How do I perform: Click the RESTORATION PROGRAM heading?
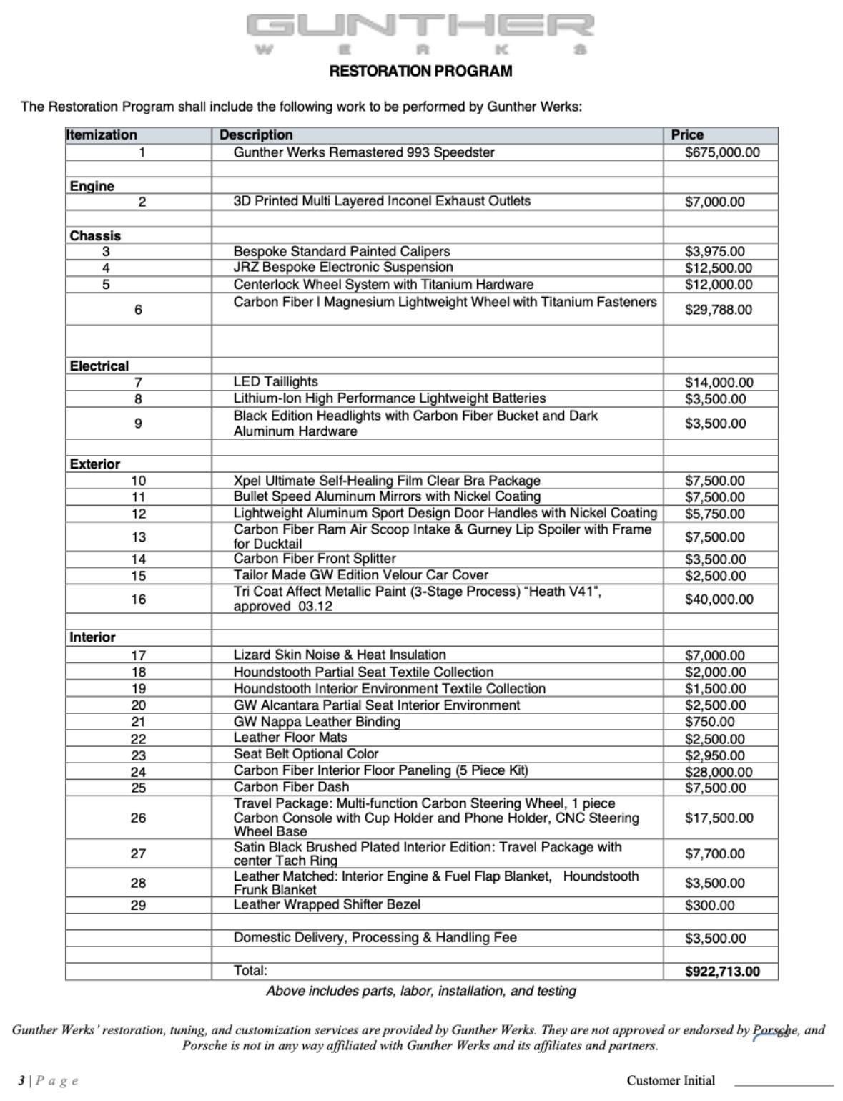(x=420, y=71)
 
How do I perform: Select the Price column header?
(x=687, y=134)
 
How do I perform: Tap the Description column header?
(x=256, y=134)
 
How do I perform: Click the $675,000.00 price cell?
(x=722, y=152)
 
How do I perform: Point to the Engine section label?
(x=92, y=186)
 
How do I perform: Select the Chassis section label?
(x=95, y=235)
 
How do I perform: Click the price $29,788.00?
(x=719, y=310)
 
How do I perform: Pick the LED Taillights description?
(x=276, y=382)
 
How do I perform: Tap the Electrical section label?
(x=99, y=366)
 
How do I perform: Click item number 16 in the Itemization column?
(x=139, y=600)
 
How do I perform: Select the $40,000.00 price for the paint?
(x=719, y=600)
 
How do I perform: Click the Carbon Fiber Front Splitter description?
(x=315, y=559)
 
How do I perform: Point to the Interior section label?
(x=92, y=637)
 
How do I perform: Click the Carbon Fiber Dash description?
(x=291, y=787)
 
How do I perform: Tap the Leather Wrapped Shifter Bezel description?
(x=327, y=904)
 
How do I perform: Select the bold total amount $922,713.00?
(x=722, y=972)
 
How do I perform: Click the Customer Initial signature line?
(x=784, y=1084)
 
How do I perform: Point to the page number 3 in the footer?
(x=21, y=1080)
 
